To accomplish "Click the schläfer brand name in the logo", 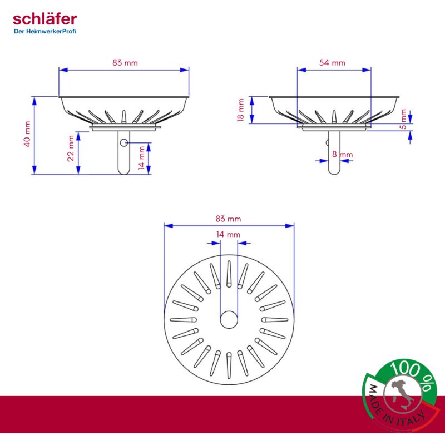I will [44, 20].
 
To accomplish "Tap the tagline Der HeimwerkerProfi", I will [44, 31].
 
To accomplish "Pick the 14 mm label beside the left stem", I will [142, 157].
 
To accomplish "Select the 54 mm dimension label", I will [332, 63].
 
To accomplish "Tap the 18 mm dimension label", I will [241, 110].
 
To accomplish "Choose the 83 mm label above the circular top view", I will [229, 219].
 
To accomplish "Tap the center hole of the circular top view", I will [229, 320].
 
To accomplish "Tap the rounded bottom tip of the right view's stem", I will [333, 172].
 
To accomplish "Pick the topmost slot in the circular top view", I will [229, 273].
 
